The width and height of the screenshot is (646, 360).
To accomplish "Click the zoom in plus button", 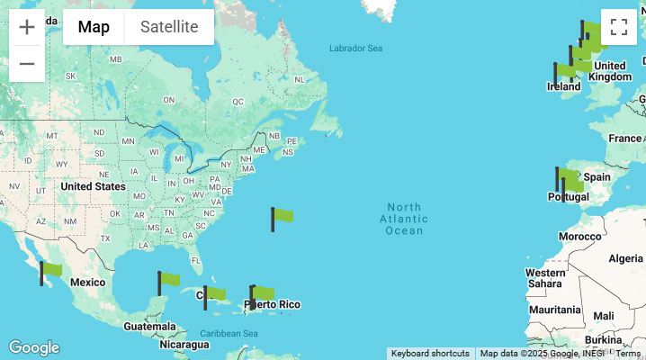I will click(27, 27).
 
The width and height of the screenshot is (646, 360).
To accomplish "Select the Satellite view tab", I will click(169, 27).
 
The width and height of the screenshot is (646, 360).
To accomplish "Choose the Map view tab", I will click(94, 27).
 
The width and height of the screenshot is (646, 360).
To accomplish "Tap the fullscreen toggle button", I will click(619, 27).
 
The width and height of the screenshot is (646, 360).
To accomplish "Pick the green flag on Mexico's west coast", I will click(50, 270).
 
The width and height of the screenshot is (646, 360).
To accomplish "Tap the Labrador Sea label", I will click(355, 48).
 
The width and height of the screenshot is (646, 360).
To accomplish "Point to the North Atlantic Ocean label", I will click(404, 219).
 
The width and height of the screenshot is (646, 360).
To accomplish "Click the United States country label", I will click(93, 186).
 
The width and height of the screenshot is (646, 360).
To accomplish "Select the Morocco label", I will click(579, 237).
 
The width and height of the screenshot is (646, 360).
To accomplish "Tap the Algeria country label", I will click(625, 258).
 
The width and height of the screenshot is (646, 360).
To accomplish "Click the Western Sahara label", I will click(545, 278).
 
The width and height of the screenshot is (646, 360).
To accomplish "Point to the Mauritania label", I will click(555, 310).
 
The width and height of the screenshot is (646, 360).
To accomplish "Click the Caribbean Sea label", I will click(229, 334).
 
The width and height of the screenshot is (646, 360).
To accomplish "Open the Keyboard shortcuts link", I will click(430, 354).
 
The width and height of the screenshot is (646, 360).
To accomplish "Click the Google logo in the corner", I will click(33, 347).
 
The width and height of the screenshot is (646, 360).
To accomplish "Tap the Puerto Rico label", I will click(275, 305).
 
